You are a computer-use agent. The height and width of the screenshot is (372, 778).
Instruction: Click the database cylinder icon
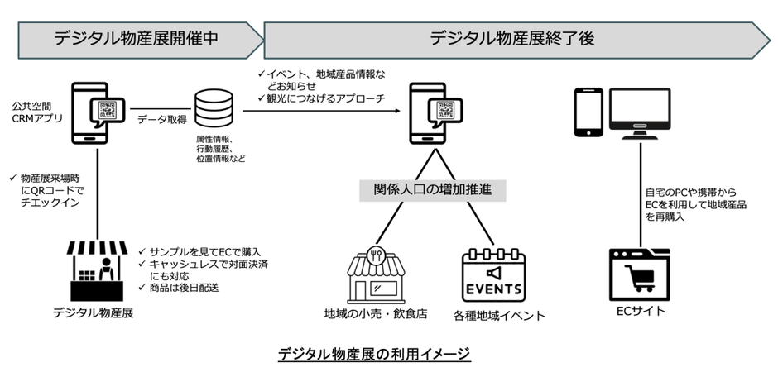coord(214,111)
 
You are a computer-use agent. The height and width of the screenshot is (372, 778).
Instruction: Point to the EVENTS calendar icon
coord(493,274)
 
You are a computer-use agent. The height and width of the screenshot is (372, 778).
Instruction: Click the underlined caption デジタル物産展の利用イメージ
coord(373,354)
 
